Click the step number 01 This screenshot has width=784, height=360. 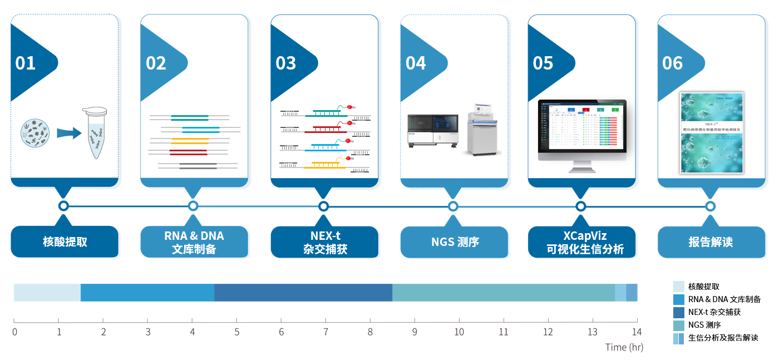26,63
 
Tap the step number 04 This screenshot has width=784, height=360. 416,63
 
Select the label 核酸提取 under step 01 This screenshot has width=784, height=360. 65,242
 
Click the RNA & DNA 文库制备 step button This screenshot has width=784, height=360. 194,242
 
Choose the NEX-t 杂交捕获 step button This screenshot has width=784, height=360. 324,242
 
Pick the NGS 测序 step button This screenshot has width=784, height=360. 454,242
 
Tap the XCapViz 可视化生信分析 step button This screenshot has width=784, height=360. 581,242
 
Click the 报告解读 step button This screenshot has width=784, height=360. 711,242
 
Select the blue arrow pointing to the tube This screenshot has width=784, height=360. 68,133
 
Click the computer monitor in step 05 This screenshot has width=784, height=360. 582,134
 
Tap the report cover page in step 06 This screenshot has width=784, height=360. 712,132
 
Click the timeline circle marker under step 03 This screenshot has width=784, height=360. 323,206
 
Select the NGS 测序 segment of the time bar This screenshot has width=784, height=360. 503,292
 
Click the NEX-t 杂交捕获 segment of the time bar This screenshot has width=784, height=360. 303,292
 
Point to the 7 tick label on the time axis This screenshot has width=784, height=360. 326,333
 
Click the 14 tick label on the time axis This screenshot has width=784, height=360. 637,333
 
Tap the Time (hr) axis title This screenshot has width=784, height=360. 624,347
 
